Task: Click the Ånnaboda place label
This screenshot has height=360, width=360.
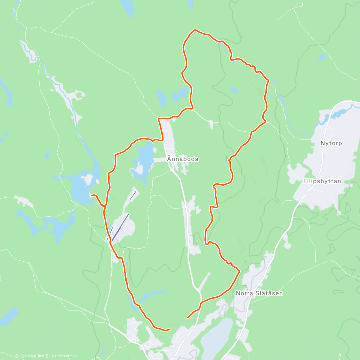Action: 183,159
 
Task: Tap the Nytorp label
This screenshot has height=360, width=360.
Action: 331,143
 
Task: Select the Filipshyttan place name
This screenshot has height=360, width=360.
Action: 322,181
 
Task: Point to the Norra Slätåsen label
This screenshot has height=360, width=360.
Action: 259,293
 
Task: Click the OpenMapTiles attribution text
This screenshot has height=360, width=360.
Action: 29,356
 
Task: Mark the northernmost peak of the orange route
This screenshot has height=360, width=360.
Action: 195,30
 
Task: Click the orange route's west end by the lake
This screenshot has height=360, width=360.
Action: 91,195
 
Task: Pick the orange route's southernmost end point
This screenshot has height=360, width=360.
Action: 169,329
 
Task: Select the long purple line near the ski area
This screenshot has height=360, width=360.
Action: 120,228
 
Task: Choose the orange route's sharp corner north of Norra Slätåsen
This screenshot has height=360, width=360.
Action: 239,271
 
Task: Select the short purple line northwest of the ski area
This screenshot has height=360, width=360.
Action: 133,196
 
